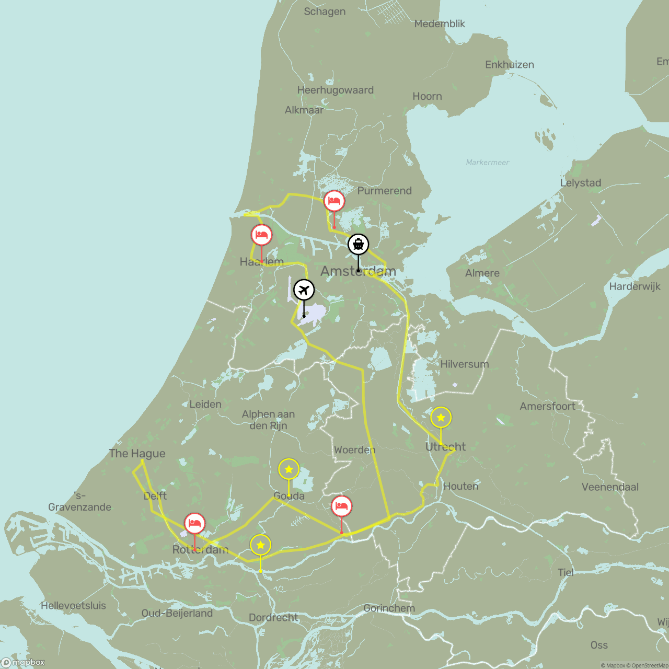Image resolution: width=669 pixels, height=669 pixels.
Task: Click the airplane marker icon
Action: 304,290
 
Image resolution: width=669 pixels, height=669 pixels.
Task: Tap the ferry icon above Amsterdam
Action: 358,244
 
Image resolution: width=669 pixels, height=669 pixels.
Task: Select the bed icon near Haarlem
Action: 261,235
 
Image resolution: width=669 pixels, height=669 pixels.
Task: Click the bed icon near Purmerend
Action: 334,201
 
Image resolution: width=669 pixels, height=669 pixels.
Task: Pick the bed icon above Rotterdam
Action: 194,523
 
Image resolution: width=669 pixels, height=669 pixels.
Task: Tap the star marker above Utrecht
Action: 441,417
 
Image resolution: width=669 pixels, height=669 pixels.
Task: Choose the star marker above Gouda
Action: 289,469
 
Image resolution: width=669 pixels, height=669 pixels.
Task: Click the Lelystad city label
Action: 580,183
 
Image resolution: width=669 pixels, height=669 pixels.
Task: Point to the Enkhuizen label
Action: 509,65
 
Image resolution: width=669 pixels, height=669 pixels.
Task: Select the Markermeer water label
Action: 487,163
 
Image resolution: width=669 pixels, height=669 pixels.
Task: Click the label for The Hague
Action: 137,454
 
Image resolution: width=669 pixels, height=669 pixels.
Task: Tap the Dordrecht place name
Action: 273,617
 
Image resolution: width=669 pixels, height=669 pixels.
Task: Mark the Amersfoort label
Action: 547,406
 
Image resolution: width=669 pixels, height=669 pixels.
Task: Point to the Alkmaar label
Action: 304,110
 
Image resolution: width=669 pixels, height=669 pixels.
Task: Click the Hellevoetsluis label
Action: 73,606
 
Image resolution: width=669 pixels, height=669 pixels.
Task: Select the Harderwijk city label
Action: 635,286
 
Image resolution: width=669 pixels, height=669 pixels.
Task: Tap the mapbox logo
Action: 24,662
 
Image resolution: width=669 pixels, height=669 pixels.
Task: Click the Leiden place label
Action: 205,404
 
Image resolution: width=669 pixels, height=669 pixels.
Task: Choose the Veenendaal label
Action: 610,487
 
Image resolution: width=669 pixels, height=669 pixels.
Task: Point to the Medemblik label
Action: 439,24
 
